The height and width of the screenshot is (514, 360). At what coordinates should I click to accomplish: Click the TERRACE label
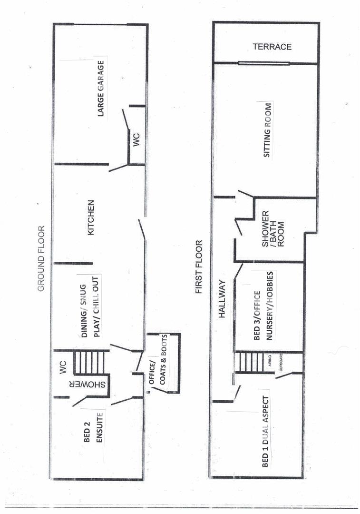(272, 47)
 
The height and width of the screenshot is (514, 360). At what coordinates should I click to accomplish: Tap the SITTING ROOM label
(268, 130)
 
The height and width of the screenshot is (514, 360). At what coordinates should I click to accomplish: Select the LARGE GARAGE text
(101, 88)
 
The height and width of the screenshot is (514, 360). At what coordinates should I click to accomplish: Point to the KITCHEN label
(91, 217)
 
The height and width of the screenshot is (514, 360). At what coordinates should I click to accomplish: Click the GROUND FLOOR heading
(41, 258)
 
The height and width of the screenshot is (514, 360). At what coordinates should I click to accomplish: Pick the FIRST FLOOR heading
(199, 267)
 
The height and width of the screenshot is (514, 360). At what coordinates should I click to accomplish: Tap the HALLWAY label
(222, 298)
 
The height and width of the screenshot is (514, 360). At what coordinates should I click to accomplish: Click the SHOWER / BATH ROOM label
(273, 229)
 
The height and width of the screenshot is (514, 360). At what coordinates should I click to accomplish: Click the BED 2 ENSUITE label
(93, 427)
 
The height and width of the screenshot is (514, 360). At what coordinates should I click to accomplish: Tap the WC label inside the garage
(136, 139)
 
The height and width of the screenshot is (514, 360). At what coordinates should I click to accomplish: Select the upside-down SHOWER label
(87, 384)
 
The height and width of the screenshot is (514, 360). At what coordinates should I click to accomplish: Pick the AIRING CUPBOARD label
(275, 363)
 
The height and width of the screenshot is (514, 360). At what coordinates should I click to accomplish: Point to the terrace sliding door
(263, 63)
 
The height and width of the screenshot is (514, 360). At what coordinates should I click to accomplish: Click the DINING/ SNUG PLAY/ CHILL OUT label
(90, 307)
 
